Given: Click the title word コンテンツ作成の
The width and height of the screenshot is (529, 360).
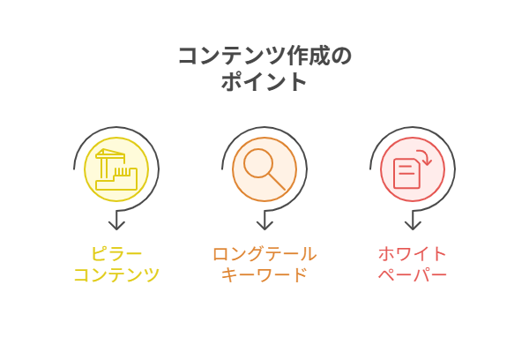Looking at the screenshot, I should [x=264, y=56].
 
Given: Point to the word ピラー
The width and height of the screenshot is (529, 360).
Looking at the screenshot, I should [x=116, y=254].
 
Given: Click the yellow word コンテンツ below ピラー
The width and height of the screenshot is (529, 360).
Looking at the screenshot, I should [x=116, y=275].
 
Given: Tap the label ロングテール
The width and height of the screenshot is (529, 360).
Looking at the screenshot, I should [x=264, y=254].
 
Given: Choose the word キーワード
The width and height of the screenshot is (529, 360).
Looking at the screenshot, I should [x=264, y=275].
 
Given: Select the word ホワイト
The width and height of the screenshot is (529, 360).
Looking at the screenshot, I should [x=413, y=254].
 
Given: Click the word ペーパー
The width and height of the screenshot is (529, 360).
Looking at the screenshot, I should [x=413, y=275].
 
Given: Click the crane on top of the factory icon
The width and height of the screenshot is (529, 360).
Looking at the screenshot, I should [x=109, y=155].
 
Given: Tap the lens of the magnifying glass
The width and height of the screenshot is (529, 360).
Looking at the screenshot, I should [x=257, y=162].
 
